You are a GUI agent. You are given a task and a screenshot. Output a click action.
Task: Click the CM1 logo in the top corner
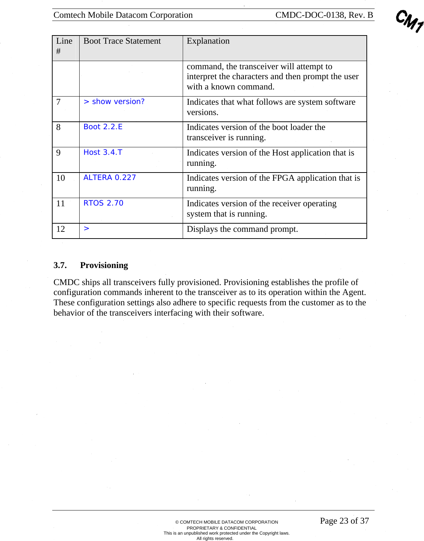(409, 21)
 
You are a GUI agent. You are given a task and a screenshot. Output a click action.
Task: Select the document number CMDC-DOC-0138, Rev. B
(324, 15)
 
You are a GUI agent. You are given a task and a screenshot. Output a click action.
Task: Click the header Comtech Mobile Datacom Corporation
(123, 15)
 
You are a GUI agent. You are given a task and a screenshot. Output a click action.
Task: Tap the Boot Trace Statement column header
(122, 41)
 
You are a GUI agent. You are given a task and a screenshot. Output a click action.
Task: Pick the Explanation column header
(208, 41)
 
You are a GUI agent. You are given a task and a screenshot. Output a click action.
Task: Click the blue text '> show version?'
(114, 102)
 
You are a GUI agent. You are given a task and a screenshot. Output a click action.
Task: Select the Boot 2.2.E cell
(103, 127)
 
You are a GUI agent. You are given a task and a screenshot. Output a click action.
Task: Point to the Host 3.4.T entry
(103, 153)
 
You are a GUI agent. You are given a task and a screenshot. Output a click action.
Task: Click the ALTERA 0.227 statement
(109, 178)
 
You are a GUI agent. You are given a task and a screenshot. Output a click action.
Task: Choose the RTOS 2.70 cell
(103, 203)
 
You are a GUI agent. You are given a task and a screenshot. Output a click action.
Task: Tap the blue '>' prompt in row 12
(86, 229)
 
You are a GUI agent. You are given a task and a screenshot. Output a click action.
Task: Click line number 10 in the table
(61, 178)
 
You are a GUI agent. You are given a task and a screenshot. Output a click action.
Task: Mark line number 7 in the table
(59, 102)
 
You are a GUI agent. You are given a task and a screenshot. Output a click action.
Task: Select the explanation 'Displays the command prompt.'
(242, 229)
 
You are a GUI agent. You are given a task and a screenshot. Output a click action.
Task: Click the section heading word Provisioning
(104, 266)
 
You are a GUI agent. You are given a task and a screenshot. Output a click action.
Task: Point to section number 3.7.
(60, 266)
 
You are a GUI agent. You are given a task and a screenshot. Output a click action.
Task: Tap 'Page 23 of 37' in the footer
(344, 521)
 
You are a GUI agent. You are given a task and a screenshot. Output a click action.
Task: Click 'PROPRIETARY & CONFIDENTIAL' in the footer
(221, 528)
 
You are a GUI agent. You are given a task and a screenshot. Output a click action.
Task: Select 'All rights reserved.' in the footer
(215, 539)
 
